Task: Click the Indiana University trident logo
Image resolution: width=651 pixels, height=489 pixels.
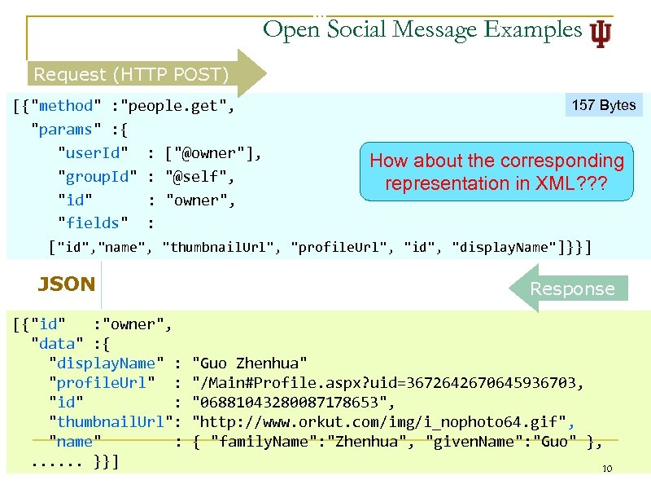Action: click(601, 32)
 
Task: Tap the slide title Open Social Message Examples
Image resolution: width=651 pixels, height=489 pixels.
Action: click(422, 30)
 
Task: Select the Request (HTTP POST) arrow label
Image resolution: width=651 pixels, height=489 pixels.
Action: click(131, 75)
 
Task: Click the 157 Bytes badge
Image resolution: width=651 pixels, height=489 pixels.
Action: click(604, 105)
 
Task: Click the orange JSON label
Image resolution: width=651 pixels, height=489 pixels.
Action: click(67, 284)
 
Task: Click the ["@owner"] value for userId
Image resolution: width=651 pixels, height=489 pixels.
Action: click(213, 153)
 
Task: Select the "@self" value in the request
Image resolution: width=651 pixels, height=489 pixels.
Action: click(200, 177)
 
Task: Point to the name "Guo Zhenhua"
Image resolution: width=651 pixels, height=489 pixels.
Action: click(250, 363)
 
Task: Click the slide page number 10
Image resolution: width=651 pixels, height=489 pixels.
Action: click(605, 469)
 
